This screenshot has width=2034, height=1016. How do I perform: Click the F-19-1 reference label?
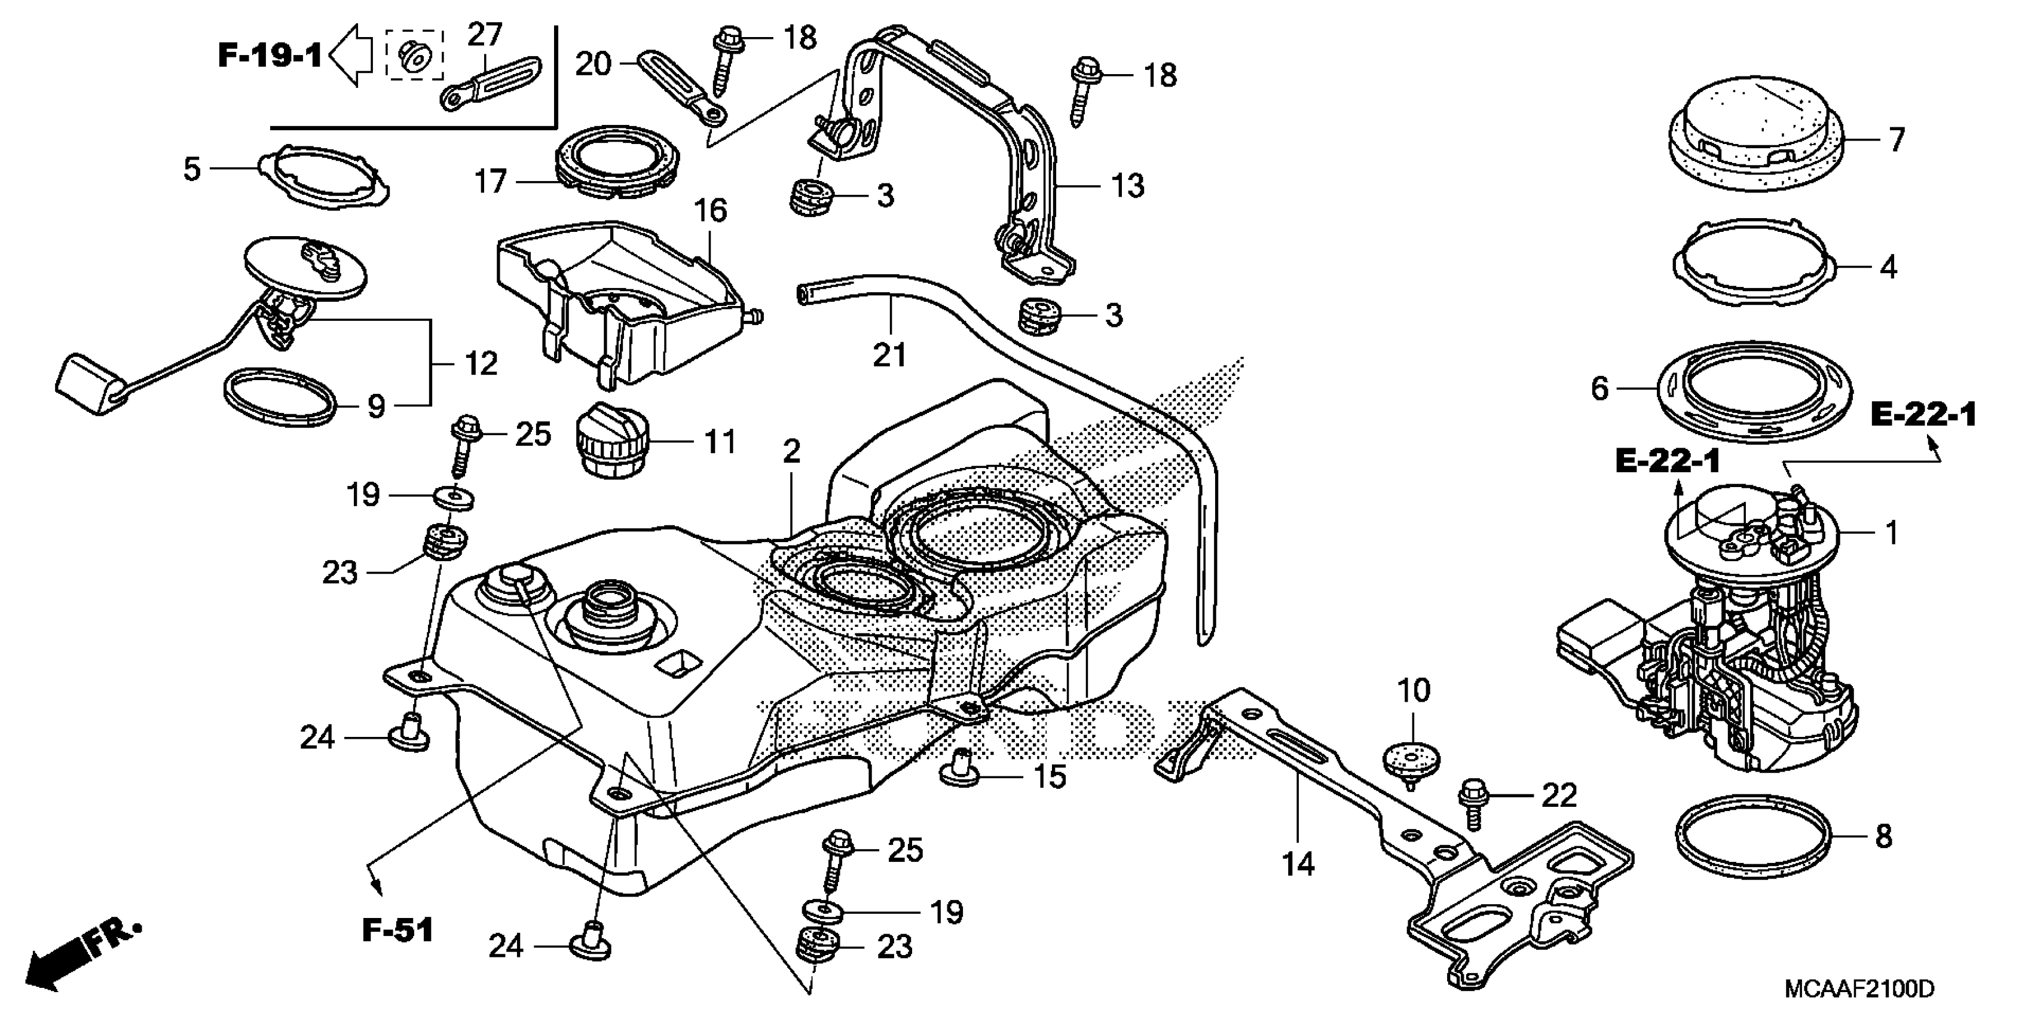pyautogui.click(x=269, y=56)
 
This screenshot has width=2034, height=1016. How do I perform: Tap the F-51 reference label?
pyautogui.click(x=398, y=930)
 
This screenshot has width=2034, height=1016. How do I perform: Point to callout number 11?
pyautogui.click(x=719, y=442)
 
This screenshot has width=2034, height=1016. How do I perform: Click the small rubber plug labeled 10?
pyautogui.click(x=1411, y=761)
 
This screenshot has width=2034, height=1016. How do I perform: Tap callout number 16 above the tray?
pyautogui.click(x=710, y=211)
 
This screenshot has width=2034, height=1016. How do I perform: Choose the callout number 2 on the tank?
pyautogui.click(x=791, y=452)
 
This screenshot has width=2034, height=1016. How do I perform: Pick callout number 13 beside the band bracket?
pyautogui.click(x=1127, y=186)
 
